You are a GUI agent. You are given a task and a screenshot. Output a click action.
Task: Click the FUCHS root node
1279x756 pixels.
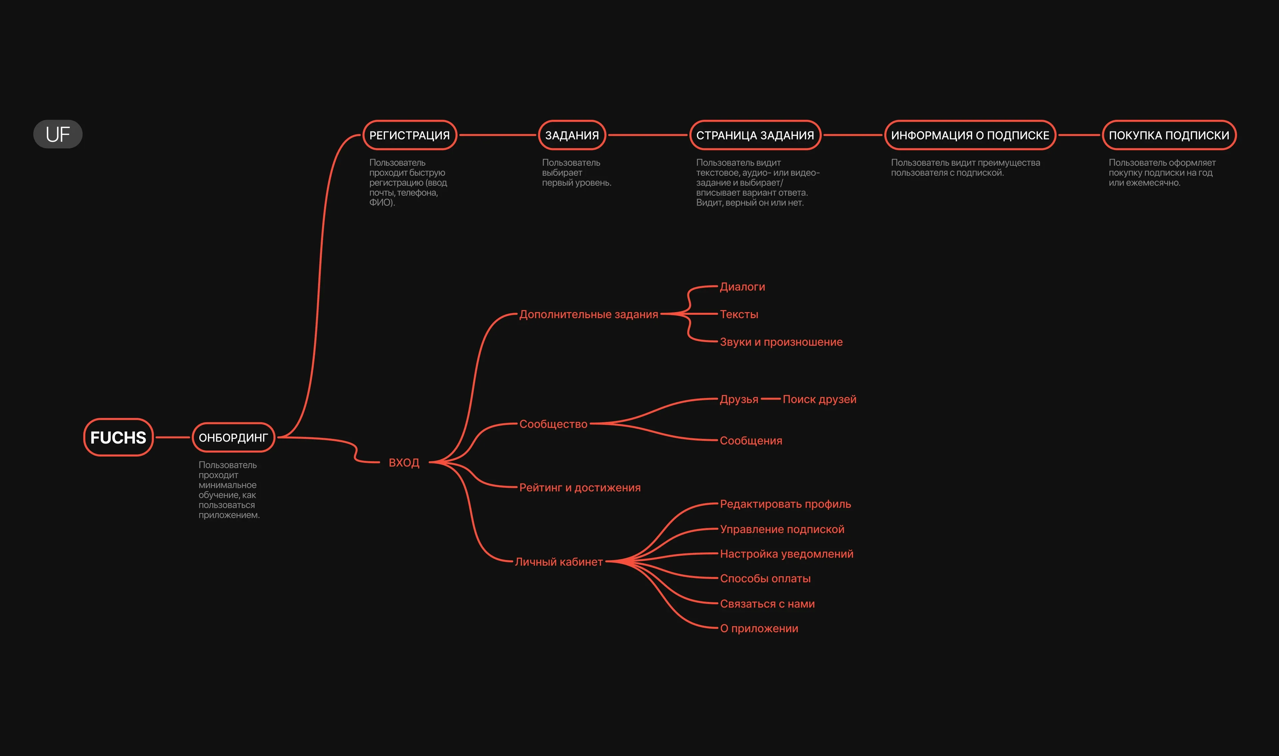tap(118, 437)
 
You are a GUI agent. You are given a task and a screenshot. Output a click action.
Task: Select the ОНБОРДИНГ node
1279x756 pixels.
tap(233, 437)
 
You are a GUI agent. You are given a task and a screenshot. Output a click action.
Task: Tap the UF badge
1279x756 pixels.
tap(58, 134)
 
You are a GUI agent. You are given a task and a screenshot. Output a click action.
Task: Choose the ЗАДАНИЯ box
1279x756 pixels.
tap(572, 135)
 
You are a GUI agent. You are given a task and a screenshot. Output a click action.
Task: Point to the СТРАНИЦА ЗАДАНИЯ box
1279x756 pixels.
tap(755, 135)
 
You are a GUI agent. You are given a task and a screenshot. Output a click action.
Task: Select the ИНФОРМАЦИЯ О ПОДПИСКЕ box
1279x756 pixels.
tap(970, 135)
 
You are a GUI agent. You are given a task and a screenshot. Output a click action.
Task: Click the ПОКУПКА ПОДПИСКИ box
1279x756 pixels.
tap(1169, 135)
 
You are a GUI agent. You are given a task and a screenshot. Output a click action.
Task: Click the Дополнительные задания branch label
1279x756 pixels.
tap(589, 314)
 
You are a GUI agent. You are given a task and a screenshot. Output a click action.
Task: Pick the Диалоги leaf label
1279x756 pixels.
tap(742, 287)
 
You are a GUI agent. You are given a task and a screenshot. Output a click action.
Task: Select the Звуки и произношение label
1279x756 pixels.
tap(781, 342)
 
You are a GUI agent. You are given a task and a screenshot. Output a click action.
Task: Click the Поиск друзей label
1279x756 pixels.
tap(819, 399)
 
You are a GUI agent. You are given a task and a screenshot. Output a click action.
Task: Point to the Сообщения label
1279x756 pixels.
tap(751, 441)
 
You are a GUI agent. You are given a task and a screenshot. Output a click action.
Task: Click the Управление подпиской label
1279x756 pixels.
tap(782, 529)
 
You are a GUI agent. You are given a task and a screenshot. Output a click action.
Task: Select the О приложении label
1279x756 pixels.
tap(759, 628)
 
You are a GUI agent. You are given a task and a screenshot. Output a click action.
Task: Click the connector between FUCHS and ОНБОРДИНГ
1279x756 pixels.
tap(173, 437)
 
